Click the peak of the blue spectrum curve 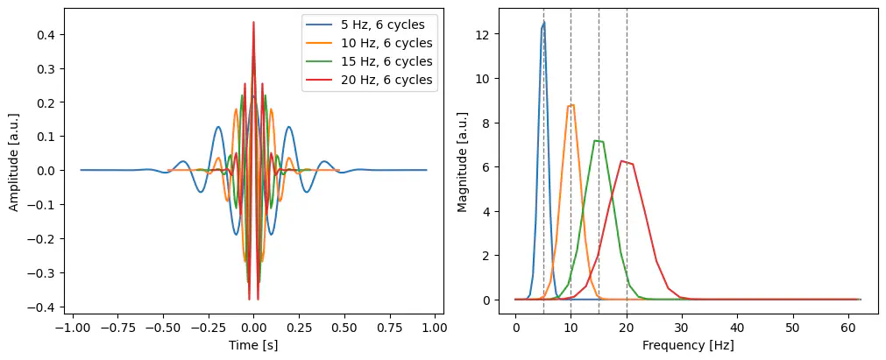(544, 23)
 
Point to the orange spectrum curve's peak (571, 105)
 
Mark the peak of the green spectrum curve (596, 140)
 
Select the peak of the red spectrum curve (621, 160)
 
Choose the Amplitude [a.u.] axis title (14, 160)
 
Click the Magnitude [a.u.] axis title (463, 160)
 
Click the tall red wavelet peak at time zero (253, 24)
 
